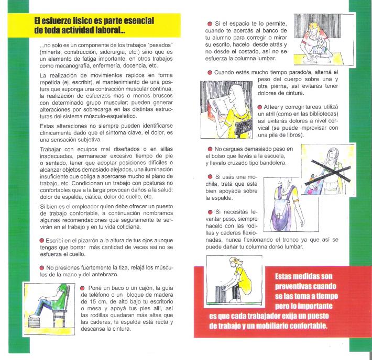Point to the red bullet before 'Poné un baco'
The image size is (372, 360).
(82, 288)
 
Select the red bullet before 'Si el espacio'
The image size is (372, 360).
(210, 25)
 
